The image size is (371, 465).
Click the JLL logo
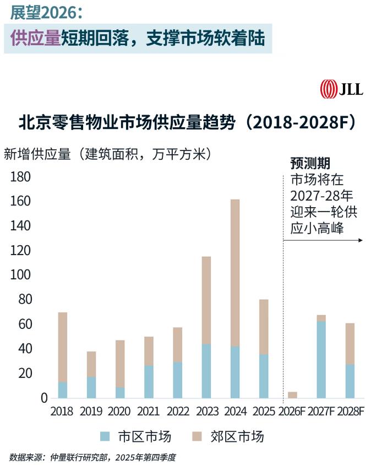(x=341, y=89)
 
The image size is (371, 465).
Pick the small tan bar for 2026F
(x=292, y=395)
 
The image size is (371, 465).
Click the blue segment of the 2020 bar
(x=120, y=392)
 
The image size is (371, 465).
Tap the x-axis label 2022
(x=177, y=412)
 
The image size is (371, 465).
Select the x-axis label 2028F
(x=350, y=412)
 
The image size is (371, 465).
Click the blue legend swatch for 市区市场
(x=106, y=437)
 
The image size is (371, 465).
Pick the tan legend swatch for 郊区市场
(x=199, y=437)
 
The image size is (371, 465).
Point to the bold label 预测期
(x=310, y=163)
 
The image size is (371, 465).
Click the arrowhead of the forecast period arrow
(x=360, y=240)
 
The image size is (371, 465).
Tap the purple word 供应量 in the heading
(x=35, y=38)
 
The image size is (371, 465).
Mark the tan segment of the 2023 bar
(x=206, y=300)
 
